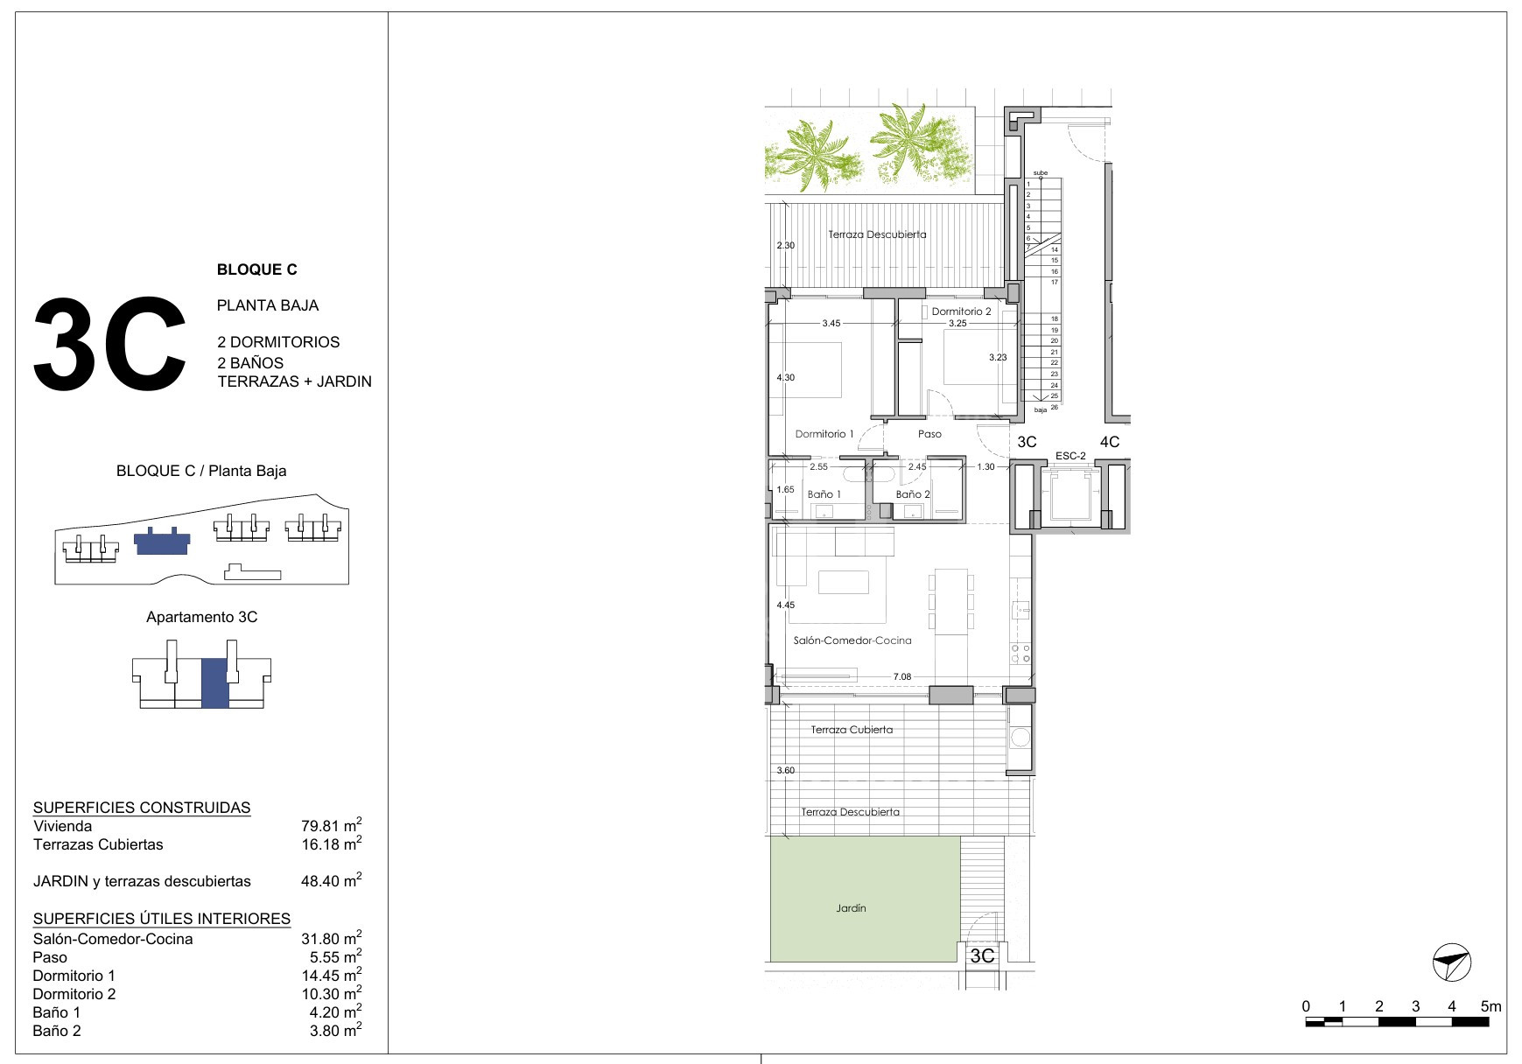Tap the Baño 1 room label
coord(824,494)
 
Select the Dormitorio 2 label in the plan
coord(961,311)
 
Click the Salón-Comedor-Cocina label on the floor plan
coord(852,640)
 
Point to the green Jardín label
coord(851,908)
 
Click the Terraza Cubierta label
coord(852,730)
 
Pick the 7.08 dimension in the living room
coord(902,676)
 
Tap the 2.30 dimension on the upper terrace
coord(786,246)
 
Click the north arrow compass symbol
coord(1452,963)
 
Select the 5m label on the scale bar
coord(1490,1006)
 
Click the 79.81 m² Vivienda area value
coord(331,825)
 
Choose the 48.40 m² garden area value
coord(331,880)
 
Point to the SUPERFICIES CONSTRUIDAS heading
coord(142,808)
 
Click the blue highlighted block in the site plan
coord(162,542)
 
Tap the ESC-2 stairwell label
coord(1070,456)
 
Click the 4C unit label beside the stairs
coord(1110,442)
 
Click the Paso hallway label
coord(929,434)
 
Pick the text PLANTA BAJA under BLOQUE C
coord(268,305)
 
